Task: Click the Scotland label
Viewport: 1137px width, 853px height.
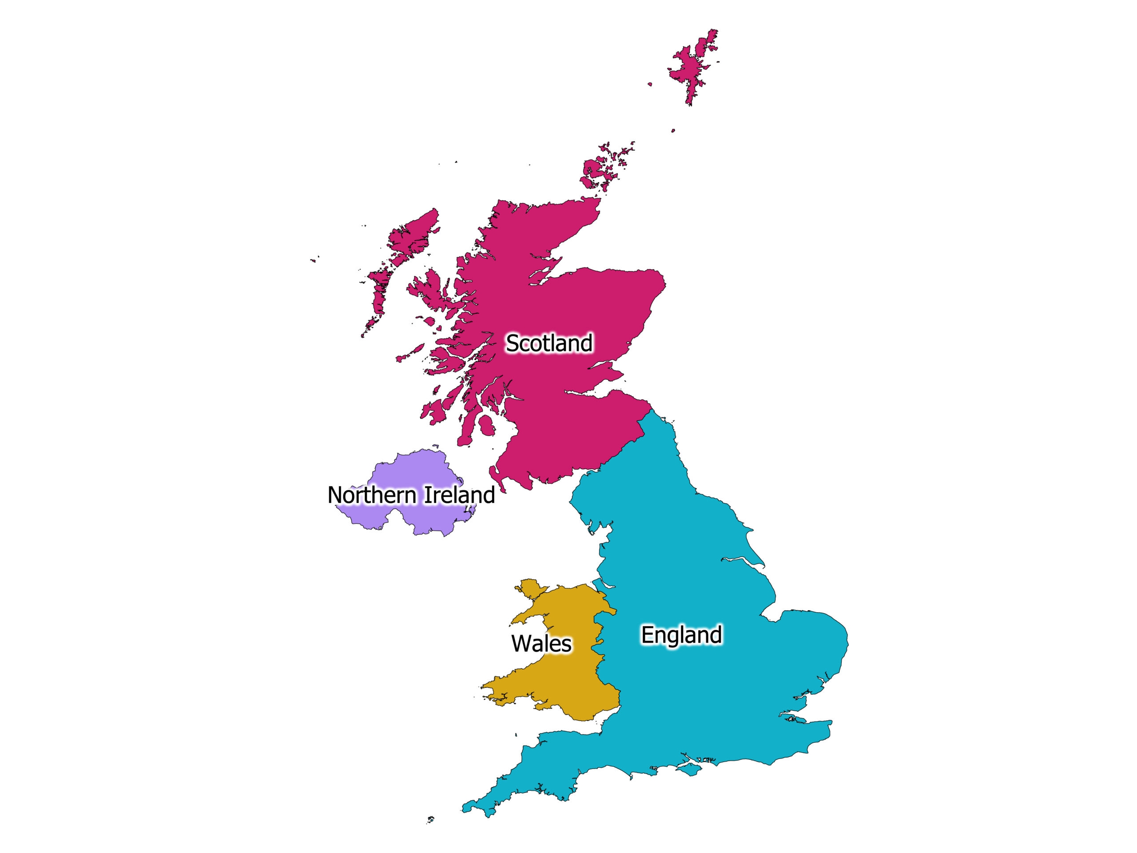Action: [549, 343]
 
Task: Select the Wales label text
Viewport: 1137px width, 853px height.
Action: [541, 644]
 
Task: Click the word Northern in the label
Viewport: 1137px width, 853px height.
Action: [372, 495]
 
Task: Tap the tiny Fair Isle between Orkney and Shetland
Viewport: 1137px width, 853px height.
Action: [673, 131]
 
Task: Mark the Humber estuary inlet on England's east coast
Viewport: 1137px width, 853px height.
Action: [740, 560]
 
